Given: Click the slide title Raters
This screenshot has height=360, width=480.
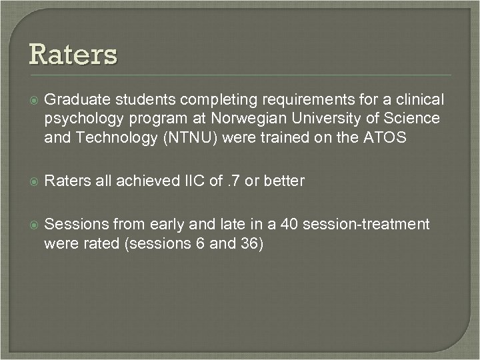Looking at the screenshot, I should click(73, 54).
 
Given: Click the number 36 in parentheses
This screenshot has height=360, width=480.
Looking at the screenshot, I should click(249, 243).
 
